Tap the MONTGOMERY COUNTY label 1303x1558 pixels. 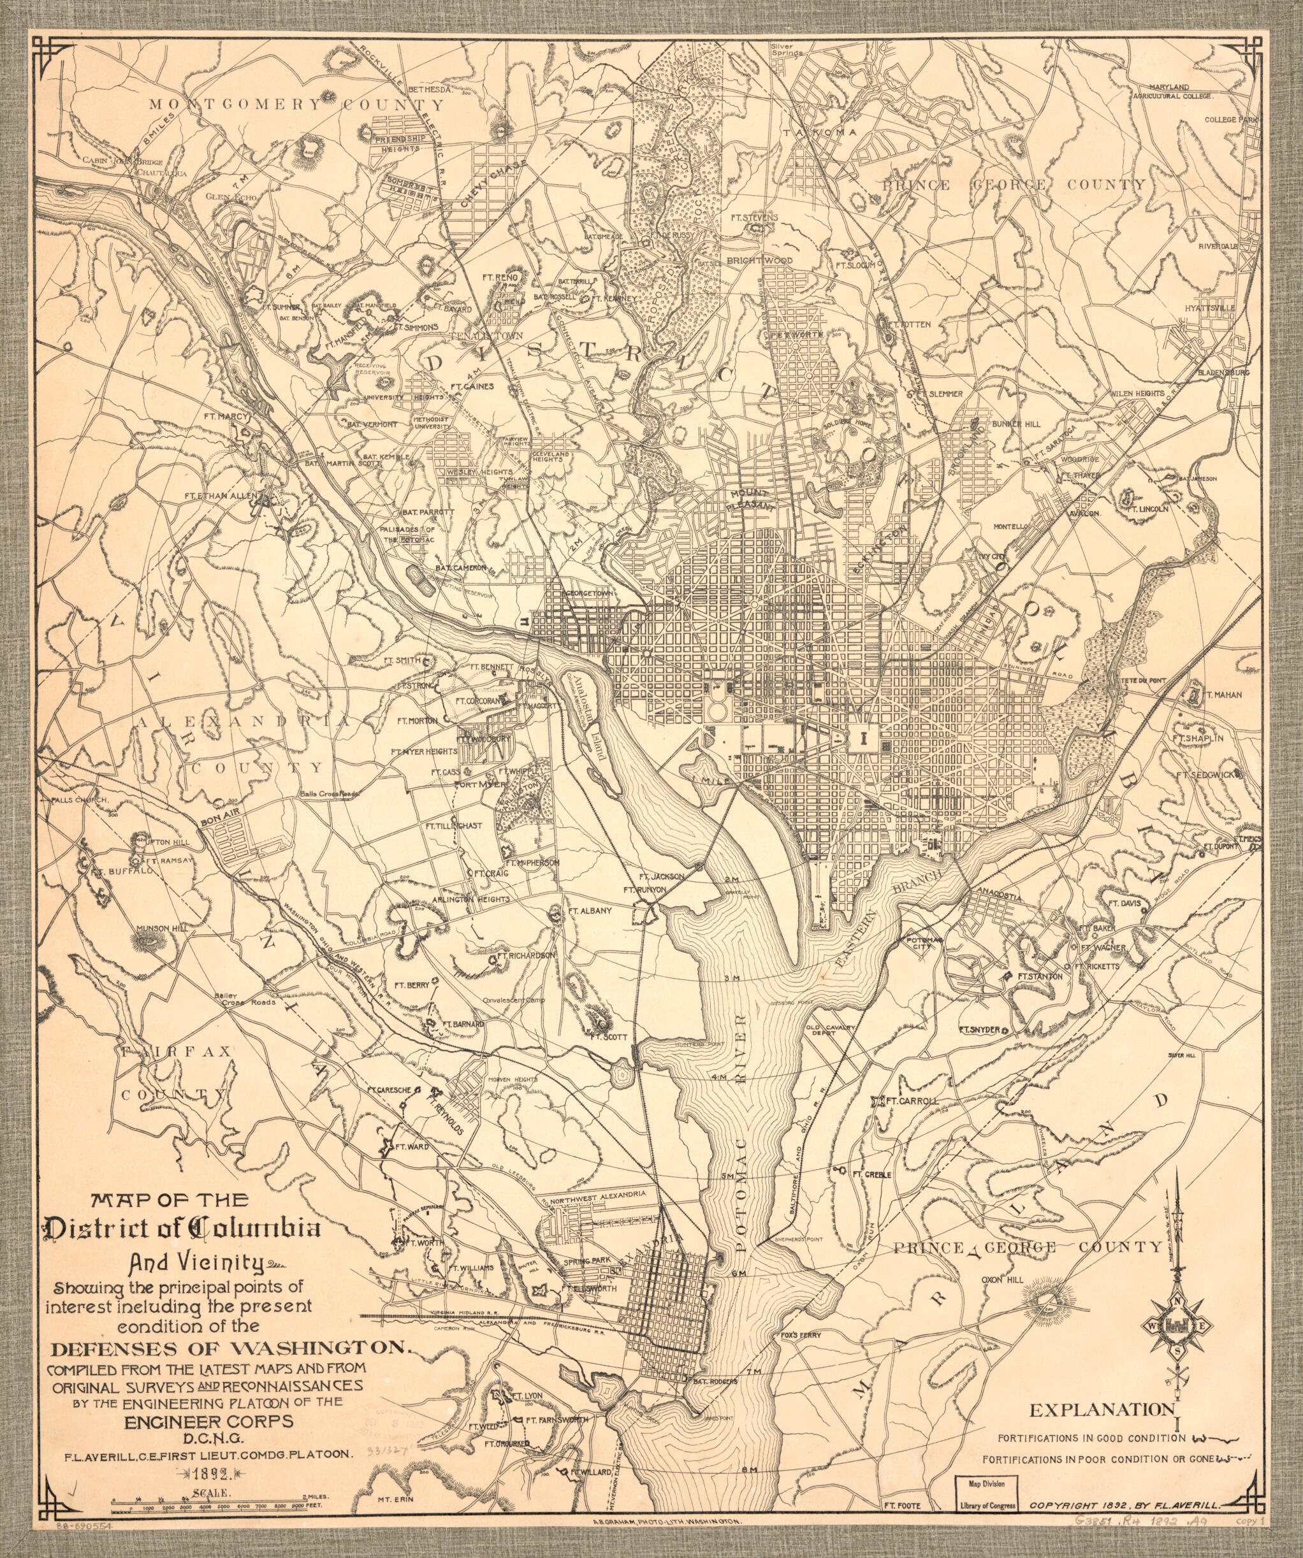(297, 104)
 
